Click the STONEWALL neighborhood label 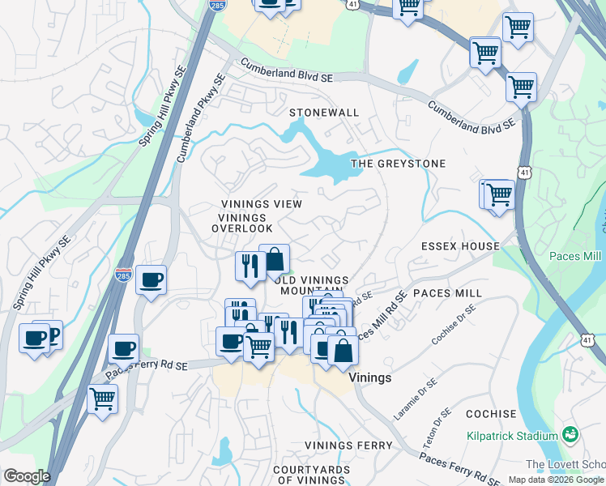coord(324,113)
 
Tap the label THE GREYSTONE coord(398,164)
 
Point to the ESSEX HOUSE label coord(460,245)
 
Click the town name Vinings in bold coord(370,378)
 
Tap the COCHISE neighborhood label coord(491,414)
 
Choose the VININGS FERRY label coord(348,446)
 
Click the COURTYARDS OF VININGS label coord(311,475)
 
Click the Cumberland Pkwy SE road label coord(200,118)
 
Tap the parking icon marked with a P coord(53,335)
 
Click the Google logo coord(26,476)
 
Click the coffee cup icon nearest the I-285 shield coord(151,280)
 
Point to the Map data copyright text coord(556,480)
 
